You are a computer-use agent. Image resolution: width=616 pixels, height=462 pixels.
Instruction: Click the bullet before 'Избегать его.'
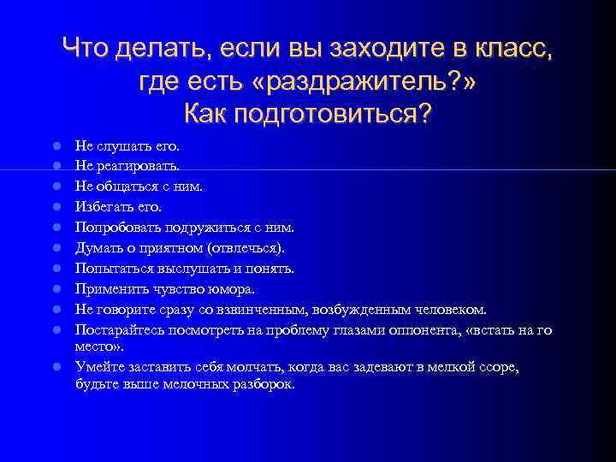coord(56,206)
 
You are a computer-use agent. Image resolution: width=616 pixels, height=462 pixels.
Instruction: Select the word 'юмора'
coord(234,289)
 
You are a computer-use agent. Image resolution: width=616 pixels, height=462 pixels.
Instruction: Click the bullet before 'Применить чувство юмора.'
coord(56,289)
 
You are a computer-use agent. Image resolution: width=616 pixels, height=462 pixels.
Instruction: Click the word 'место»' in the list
coord(98,348)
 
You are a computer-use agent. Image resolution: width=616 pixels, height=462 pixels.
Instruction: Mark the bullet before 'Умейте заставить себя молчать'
coord(56,366)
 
